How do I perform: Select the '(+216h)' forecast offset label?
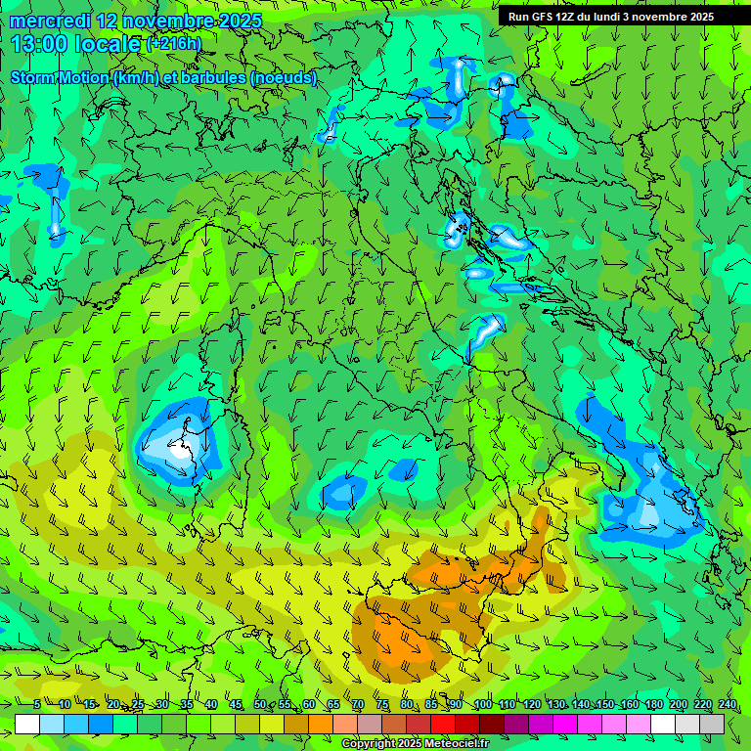click(173, 44)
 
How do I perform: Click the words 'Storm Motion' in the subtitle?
click(60, 77)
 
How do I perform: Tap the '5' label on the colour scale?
click(37, 705)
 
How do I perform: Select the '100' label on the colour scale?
click(482, 705)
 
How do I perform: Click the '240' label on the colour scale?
click(728, 705)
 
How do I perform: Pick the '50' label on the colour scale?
click(259, 705)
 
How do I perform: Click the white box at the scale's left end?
click(27, 724)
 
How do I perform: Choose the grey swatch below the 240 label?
click(712, 724)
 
